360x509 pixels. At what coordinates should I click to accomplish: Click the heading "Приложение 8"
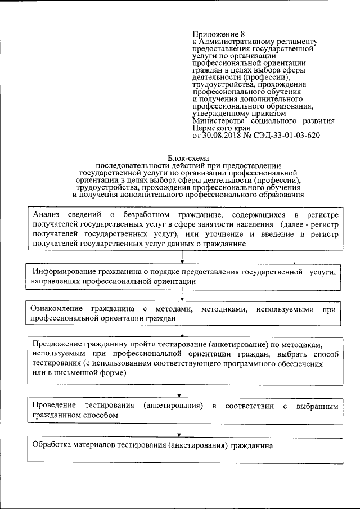[x=218, y=34]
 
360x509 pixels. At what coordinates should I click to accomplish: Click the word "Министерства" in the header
[x=219, y=121]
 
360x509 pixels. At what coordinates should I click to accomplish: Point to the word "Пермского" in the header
[x=213, y=128]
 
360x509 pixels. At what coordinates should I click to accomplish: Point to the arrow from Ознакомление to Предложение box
[x=180, y=330]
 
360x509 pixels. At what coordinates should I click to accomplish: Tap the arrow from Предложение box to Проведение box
[x=179, y=390]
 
